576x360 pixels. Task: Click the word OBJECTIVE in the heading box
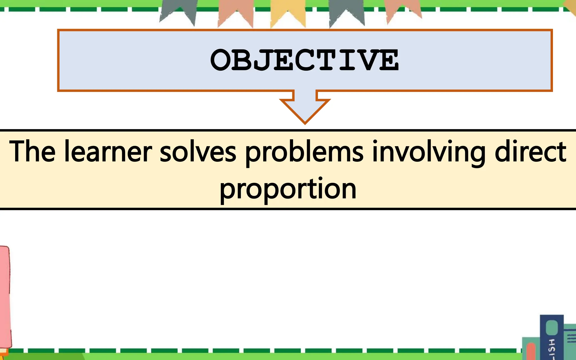(304, 60)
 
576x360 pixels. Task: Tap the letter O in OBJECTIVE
(220, 60)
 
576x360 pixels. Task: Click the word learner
(108, 152)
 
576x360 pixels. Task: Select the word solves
(198, 152)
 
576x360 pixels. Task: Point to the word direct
(530, 152)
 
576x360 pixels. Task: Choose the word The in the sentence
(32, 152)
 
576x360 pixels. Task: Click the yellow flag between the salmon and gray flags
(288, 13)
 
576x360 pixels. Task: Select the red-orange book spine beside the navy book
(531, 352)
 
